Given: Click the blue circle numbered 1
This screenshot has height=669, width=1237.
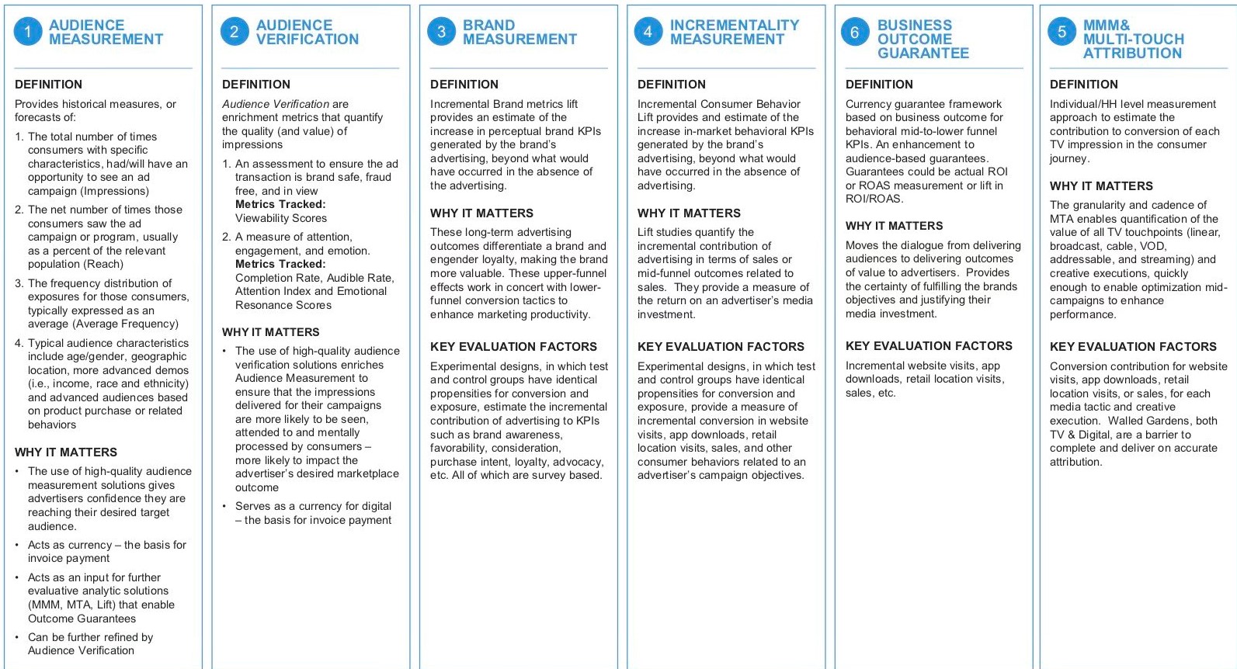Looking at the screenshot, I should pos(28,32).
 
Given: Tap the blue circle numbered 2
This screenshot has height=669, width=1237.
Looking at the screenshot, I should pos(235,32).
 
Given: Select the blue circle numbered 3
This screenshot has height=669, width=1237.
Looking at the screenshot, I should pos(441,32).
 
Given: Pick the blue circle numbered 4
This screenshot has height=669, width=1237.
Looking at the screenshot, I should pos(648,32).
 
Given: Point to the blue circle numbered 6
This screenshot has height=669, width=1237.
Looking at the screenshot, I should pos(854,32).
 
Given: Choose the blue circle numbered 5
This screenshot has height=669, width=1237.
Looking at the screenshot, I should pos(1062,32).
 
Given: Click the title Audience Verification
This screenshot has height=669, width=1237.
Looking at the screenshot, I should pos(308,33).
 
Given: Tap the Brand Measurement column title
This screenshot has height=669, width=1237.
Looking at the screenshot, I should pos(519,33).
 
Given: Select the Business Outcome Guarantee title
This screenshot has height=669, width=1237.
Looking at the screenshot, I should pos(923,40).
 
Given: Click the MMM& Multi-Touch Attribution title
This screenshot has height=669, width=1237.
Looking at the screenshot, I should pos(1133,40).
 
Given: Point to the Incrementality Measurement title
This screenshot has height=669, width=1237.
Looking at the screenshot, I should pos(734,33).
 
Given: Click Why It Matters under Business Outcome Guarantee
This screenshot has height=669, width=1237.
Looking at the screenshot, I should pos(894,226).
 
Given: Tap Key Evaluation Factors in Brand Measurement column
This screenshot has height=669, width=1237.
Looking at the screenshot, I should pos(513,347).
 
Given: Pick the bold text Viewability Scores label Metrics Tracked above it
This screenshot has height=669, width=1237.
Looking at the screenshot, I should pos(280,204).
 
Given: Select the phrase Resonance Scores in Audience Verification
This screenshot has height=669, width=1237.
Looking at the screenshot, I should pos(283,305).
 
